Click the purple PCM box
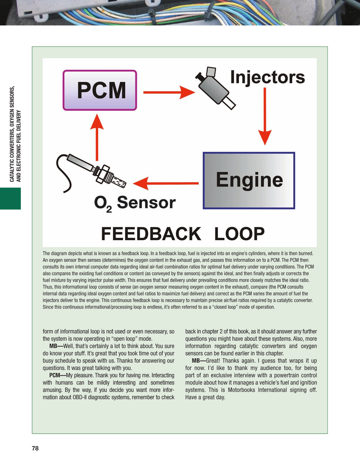pyautogui.click(x=100, y=90)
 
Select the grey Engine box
pyautogui.click(x=249, y=180)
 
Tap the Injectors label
pyautogui.click(x=267, y=77)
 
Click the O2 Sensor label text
pyautogui.click(x=135, y=203)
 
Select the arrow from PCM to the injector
pyautogui.click(x=168, y=92)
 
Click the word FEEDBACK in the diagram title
pyautogui.click(x=151, y=234)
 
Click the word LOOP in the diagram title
pyautogui.click(x=239, y=234)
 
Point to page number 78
pyautogui.click(x=35, y=448)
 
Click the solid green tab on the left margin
pyautogui.click(x=10, y=199)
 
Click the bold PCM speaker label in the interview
pyautogui.click(x=54, y=375)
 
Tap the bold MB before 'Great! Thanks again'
pyautogui.click(x=196, y=361)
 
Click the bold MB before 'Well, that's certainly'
pyautogui.click(x=53, y=346)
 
